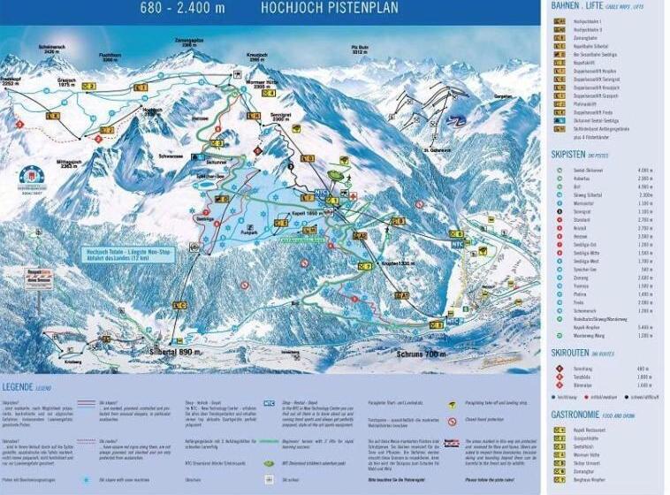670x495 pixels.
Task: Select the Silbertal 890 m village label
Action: click(168, 352)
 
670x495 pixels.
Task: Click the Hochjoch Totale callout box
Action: click(128, 254)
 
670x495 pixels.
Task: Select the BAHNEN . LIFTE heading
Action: click(583, 6)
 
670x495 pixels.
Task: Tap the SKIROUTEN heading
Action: click(572, 352)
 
